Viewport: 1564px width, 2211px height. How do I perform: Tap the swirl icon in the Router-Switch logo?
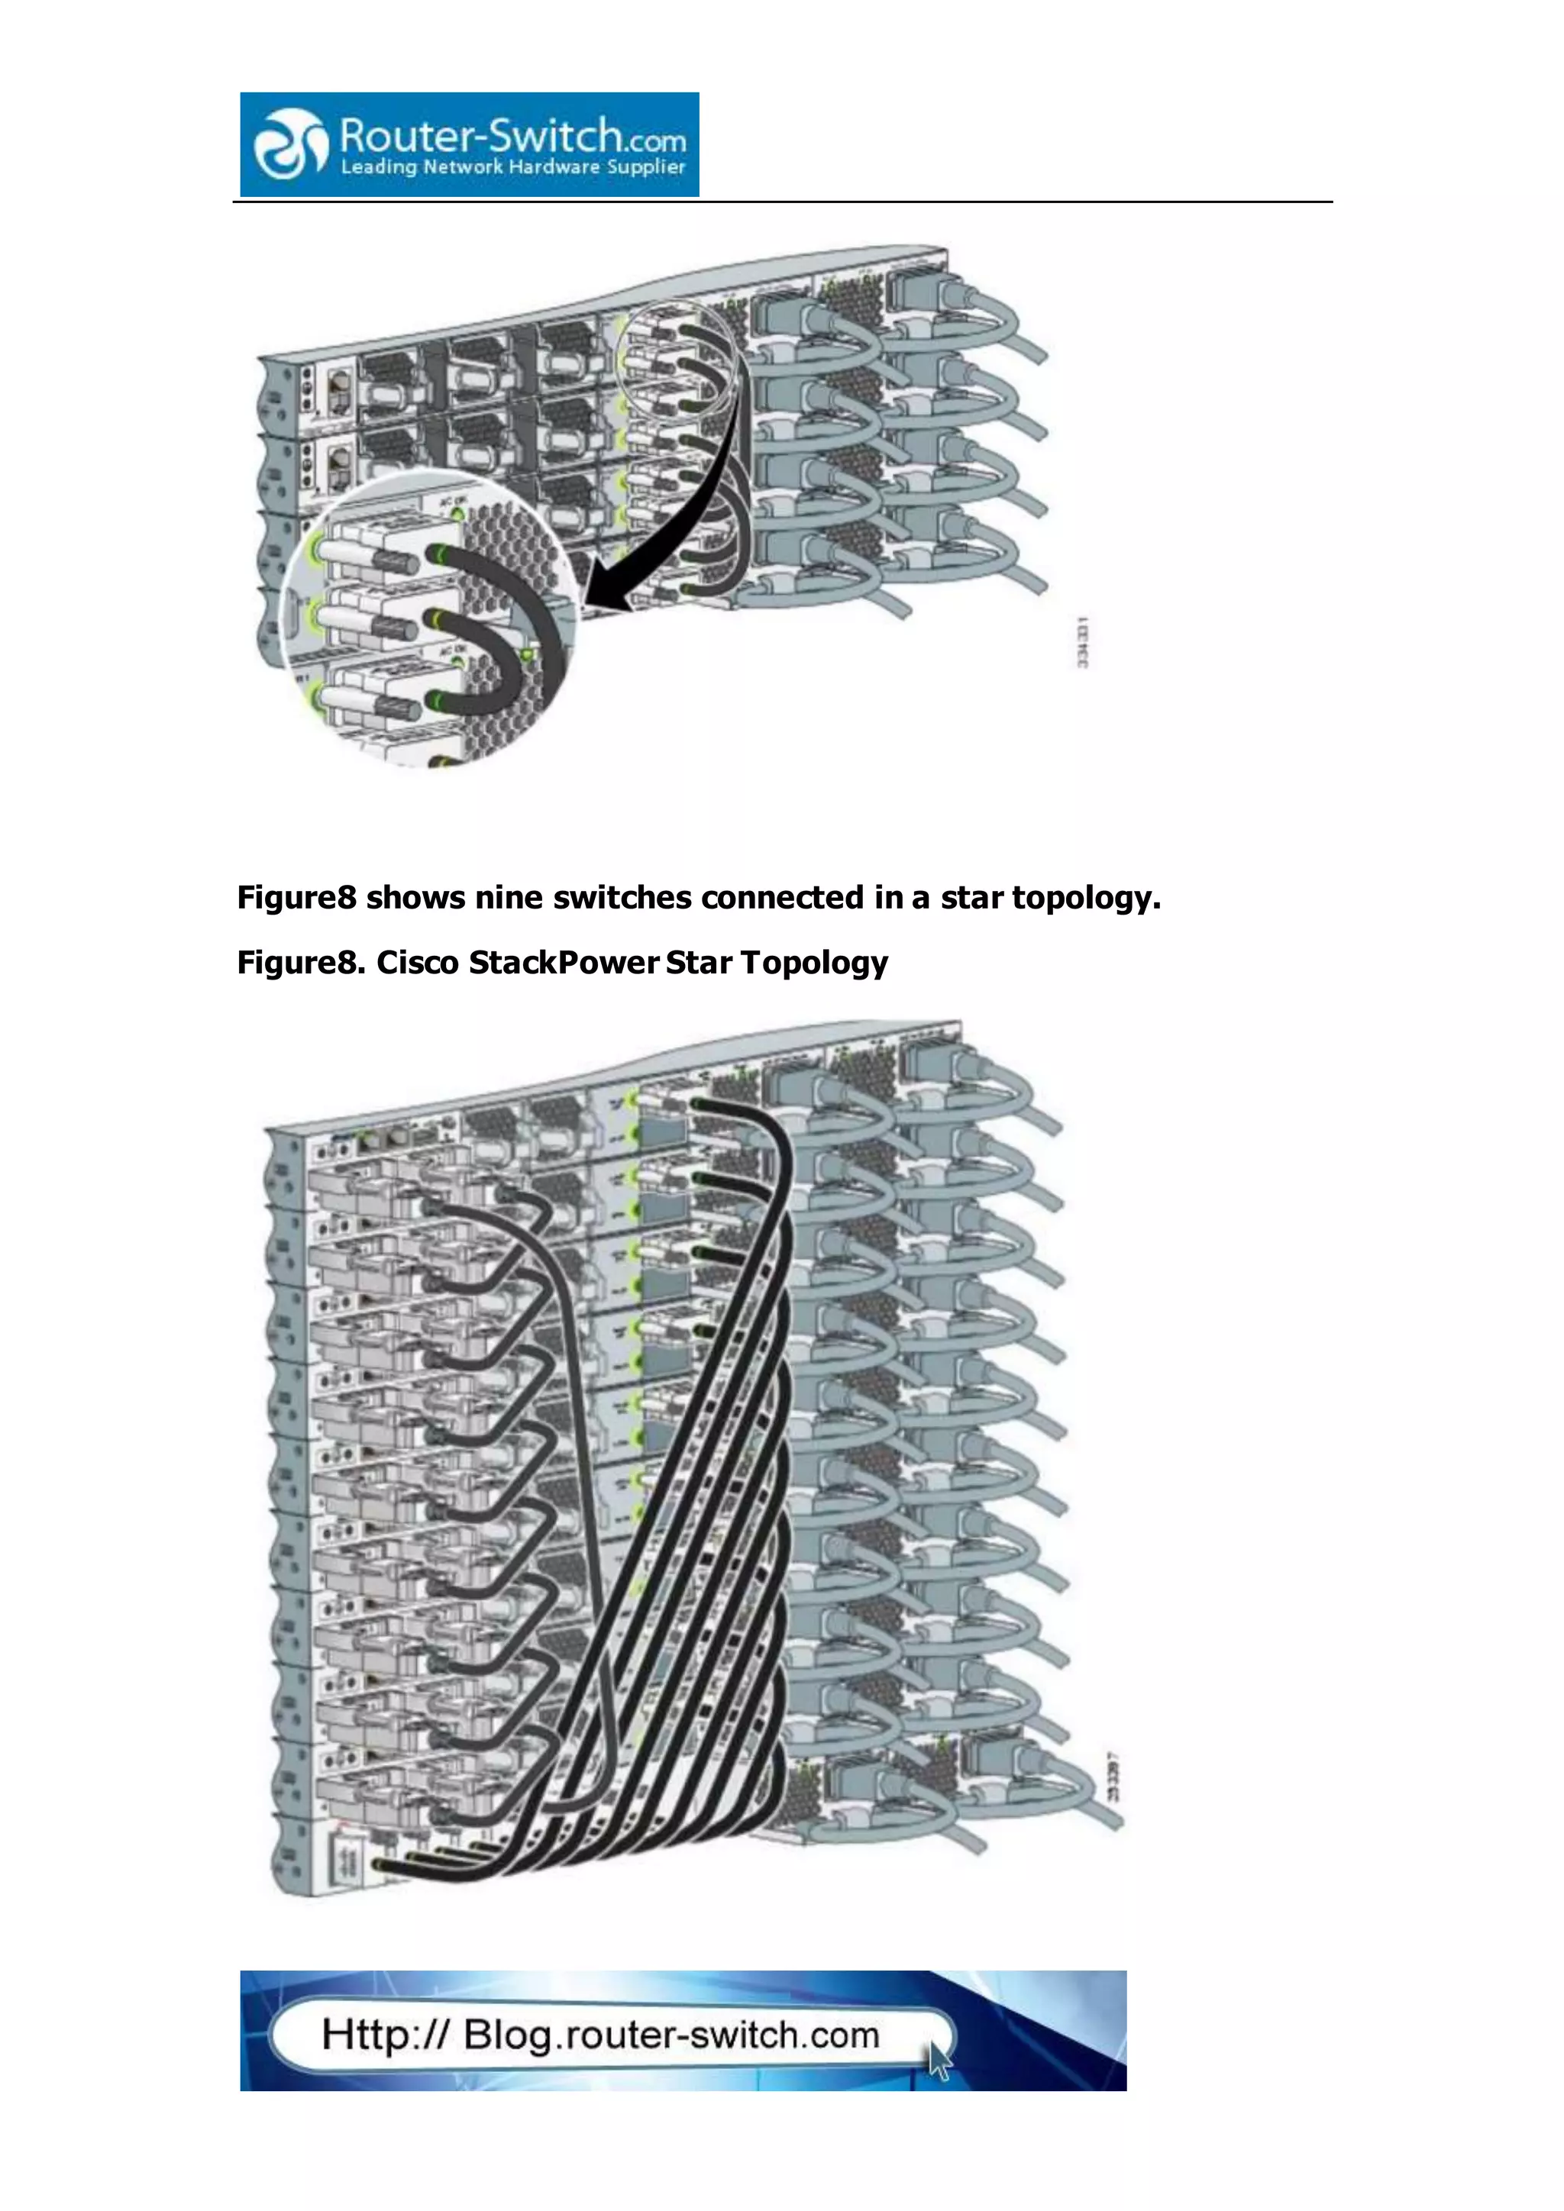(x=288, y=144)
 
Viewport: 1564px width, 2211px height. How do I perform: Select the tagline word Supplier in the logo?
(x=645, y=167)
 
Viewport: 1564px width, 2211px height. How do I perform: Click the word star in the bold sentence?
(x=971, y=899)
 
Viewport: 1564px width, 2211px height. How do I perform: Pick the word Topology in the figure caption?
(x=815, y=963)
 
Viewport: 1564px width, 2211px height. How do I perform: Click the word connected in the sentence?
(x=782, y=899)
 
